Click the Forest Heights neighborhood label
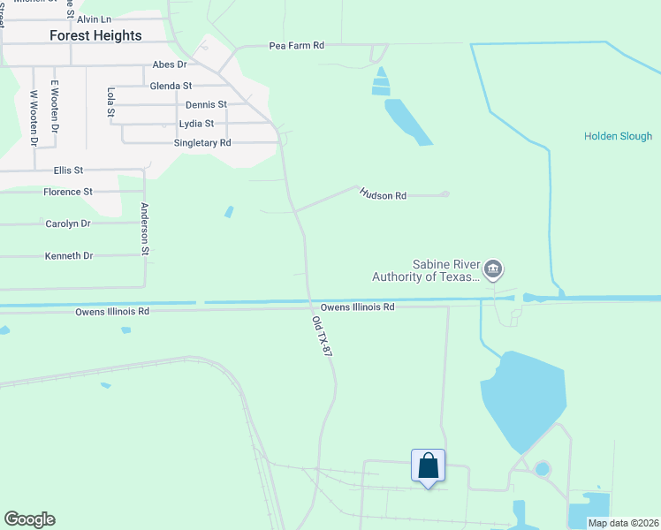coord(95,35)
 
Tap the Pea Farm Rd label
coord(297,44)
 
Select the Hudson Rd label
coord(383,195)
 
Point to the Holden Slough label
coord(618,136)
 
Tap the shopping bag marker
coord(428,466)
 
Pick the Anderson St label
coord(145,229)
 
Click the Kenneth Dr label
coord(69,256)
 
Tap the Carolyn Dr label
coord(68,223)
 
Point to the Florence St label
coord(68,192)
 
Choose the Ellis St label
coord(68,170)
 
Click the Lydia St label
coord(196,124)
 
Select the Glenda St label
coord(171,86)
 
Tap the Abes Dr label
coord(170,64)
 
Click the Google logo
coord(29,519)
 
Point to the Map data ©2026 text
coord(622,523)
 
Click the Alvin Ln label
coord(95,19)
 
